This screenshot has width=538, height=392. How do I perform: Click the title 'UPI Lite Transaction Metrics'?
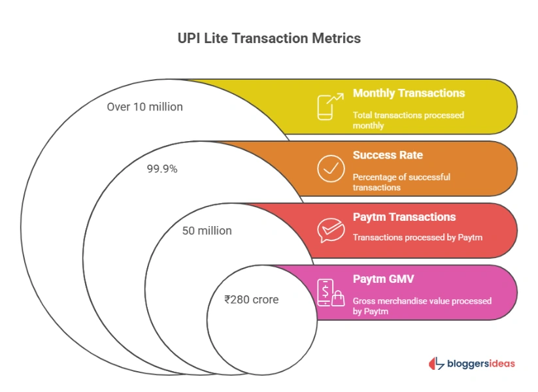(x=269, y=39)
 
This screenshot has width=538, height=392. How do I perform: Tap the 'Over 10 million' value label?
(x=144, y=106)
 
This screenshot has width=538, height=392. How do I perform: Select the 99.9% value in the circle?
(x=161, y=169)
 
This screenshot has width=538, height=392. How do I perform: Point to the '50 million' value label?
(x=207, y=231)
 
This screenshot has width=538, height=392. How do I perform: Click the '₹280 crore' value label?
(x=251, y=300)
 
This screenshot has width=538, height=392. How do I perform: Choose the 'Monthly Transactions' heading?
(x=409, y=93)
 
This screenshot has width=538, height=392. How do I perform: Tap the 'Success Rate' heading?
(x=388, y=155)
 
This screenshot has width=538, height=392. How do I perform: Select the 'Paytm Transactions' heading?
(x=404, y=217)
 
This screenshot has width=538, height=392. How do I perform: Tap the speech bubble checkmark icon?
(x=330, y=230)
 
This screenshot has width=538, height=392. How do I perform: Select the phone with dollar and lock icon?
(x=330, y=292)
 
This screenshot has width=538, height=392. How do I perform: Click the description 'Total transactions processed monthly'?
(x=408, y=120)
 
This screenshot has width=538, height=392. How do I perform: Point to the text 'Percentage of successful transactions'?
(x=401, y=182)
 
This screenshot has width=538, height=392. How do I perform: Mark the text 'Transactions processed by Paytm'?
(x=417, y=237)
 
